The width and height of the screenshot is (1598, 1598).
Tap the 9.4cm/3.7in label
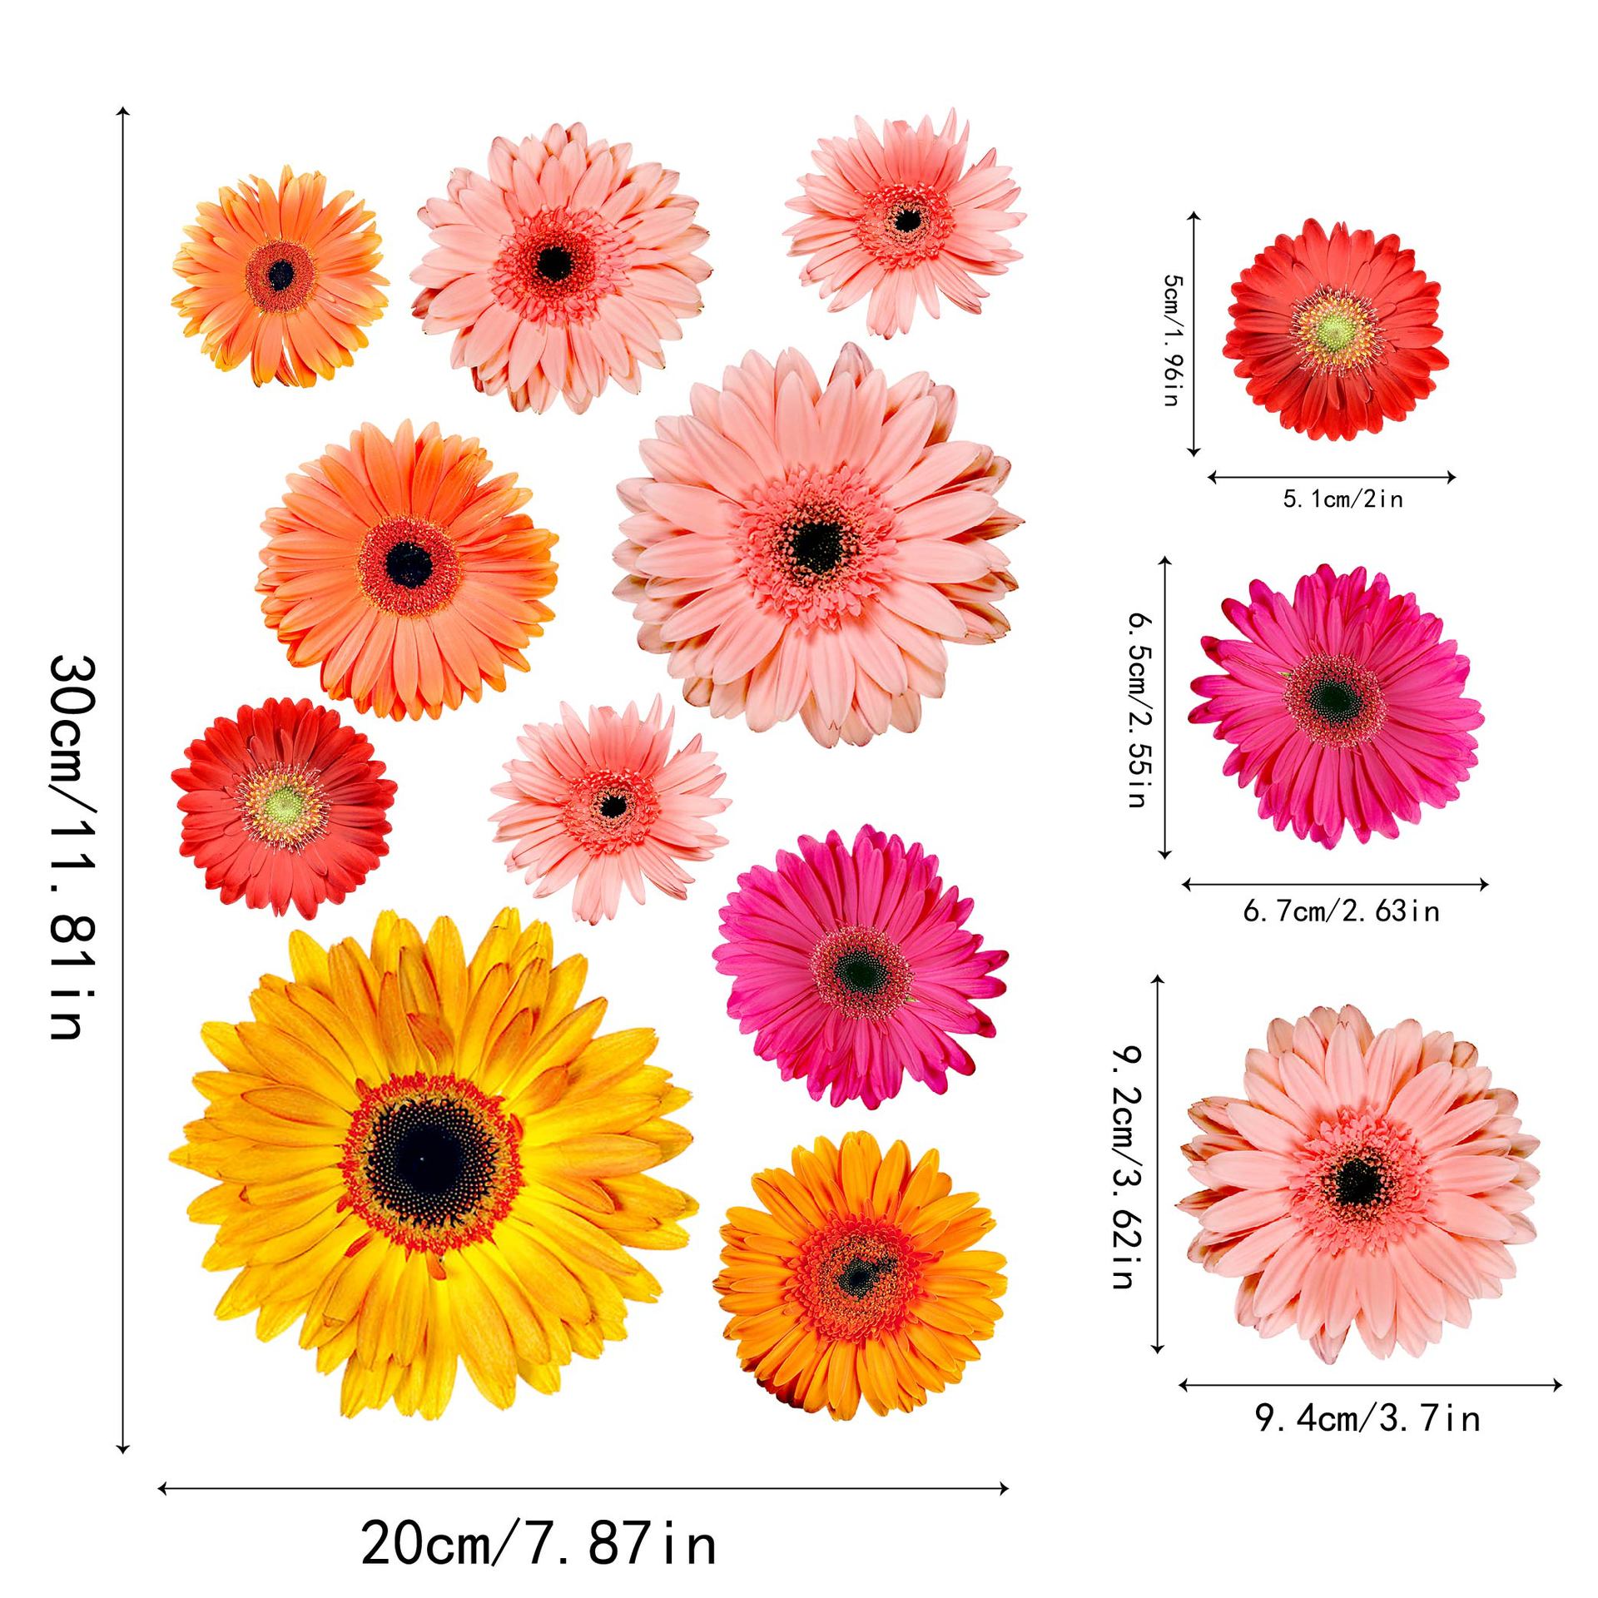(x=1368, y=1417)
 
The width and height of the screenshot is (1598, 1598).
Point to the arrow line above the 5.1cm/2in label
(x=1332, y=477)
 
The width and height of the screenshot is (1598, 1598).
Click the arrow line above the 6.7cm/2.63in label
(x=1334, y=885)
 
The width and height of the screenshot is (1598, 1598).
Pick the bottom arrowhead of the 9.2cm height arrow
(x=1158, y=1372)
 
